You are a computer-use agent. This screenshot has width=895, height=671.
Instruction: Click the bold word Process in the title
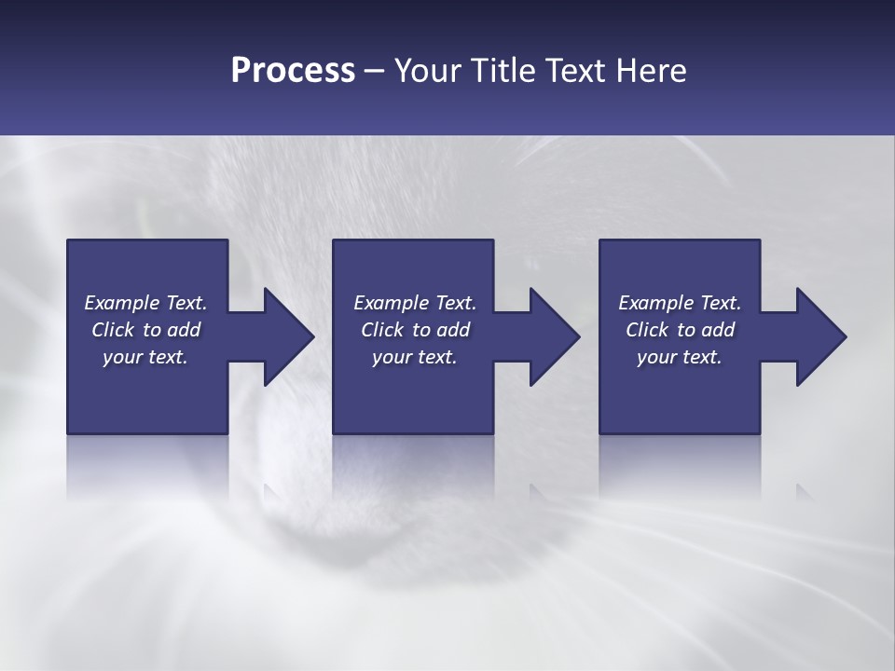(293, 70)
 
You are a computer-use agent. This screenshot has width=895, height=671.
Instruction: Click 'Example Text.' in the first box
(145, 303)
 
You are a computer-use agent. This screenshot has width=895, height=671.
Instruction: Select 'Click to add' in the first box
(145, 330)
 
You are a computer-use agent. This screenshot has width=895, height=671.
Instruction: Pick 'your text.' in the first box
(145, 357)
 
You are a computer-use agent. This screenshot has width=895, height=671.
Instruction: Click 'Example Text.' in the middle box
(415, 303)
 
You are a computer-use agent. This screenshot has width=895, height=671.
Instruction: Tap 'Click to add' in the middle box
(415, 330)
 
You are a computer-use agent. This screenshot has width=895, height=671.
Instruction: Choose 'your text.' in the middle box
(415, 357)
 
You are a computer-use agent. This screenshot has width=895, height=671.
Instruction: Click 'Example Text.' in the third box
(680, 303)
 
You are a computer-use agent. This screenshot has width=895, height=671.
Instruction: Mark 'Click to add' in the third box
(680, 330)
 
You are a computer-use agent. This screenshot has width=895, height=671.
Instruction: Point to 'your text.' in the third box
(680, 357)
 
